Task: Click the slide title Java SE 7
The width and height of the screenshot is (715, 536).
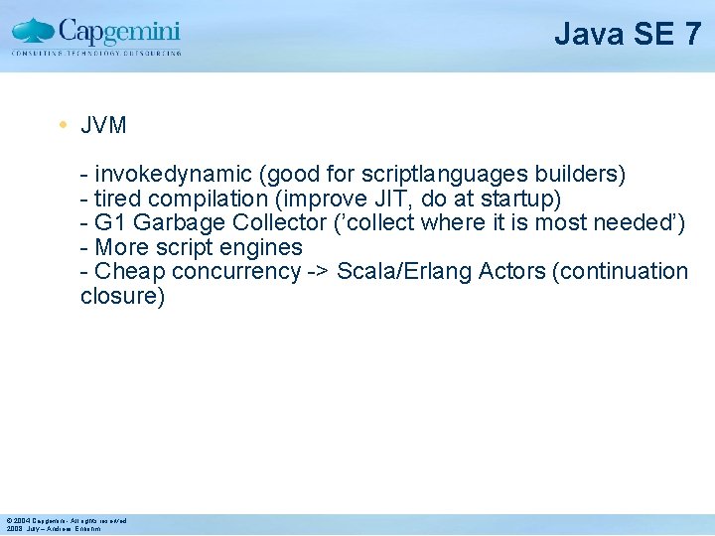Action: [628, 35]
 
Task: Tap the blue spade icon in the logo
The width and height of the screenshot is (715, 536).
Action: [34, 32]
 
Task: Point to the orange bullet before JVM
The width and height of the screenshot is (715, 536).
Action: [62, 126]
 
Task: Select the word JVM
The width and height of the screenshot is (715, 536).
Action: [103, 127]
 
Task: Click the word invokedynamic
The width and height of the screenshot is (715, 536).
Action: [174, 175]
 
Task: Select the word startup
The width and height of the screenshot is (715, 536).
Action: [517, 199]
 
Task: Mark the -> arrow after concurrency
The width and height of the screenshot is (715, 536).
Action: [318, 271]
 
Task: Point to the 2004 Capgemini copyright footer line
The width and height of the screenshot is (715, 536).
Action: [66, 520]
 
